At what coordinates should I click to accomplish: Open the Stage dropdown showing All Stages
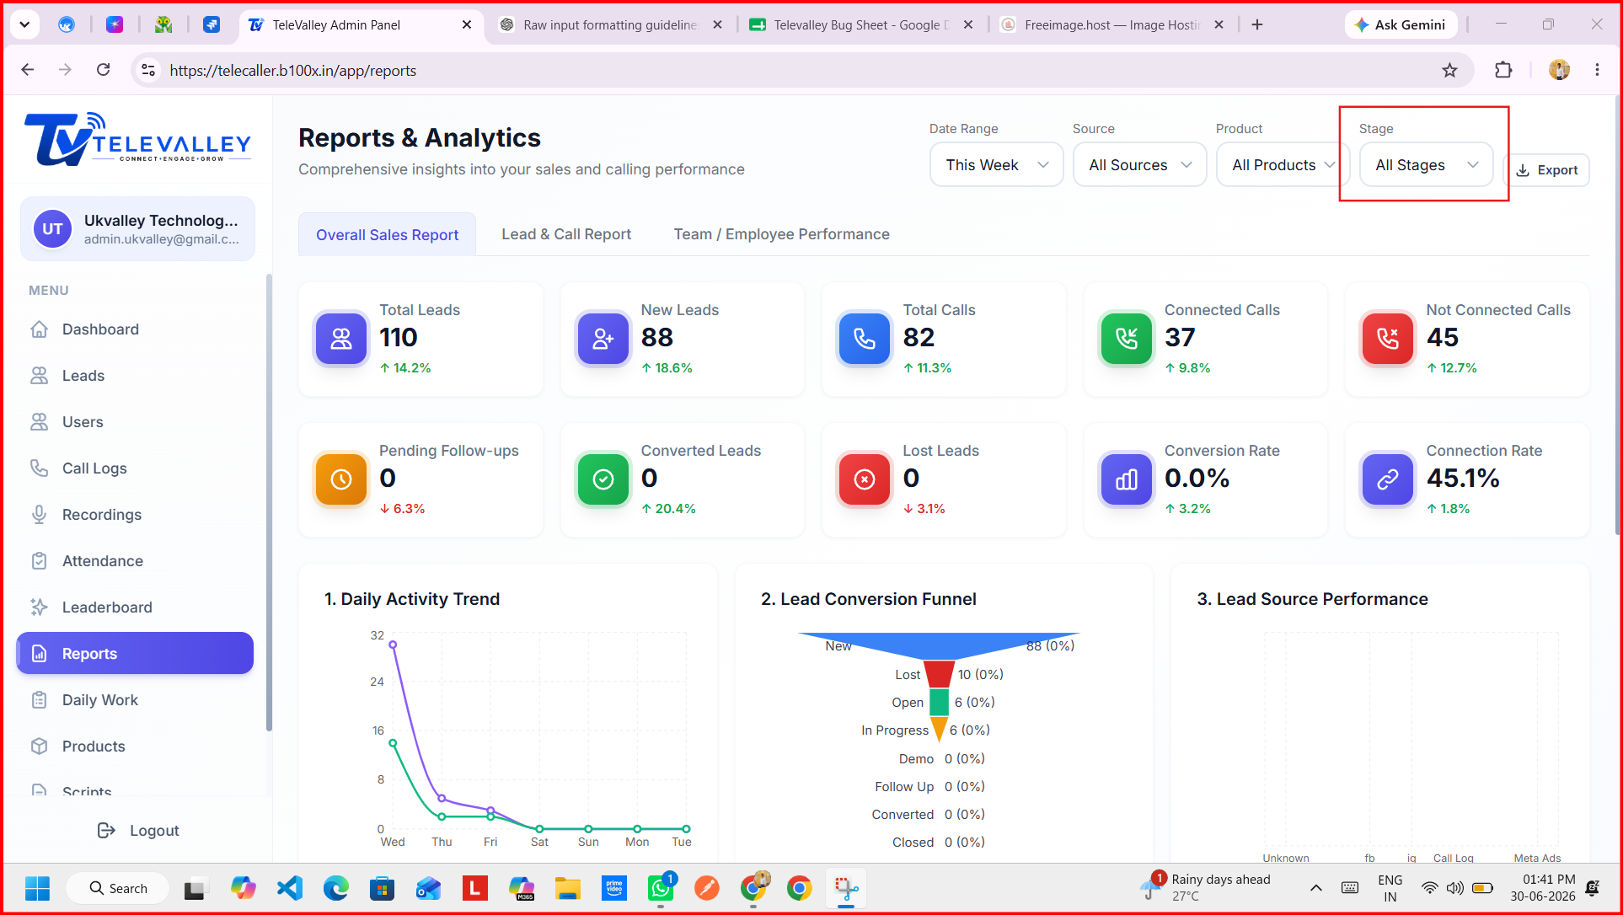[x=1426, y=165]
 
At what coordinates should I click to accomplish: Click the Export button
[x=1547, y=170]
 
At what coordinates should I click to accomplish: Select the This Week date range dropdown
[x=997, y=165]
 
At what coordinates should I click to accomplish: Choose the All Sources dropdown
[x=1140, y=165]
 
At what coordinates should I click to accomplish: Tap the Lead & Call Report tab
[x=566, y=234]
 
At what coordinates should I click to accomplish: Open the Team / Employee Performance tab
[x=781, y=234]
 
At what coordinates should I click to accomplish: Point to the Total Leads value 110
[x=399, y=338]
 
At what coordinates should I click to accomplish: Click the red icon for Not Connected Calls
[x=1388, y=339]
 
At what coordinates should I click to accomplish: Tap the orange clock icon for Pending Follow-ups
[x=341, y=479]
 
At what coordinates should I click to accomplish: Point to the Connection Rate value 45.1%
[x=1463, y=479]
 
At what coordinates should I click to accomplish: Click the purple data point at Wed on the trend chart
[x=393, y=645]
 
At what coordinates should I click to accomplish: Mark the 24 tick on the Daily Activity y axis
[x=377, y=682]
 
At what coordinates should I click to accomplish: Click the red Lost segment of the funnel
[x=940, y=674]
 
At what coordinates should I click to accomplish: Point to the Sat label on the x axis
[x=539, y=842]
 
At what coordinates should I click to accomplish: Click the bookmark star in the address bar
[x=1449, y=71]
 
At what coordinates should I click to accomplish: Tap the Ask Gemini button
[x=1400, y=25]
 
